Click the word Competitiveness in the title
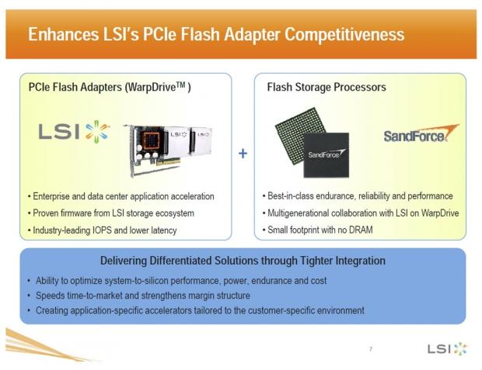coord(344,34)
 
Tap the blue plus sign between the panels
coord(243,154)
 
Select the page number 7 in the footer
coord(371,349)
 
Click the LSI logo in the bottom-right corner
coord(448,349)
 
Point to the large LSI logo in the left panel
coord(74,132)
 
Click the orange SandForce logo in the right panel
coord(421,133)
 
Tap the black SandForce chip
coord(327,155)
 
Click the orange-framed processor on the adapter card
coord(150,141)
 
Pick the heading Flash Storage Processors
coord(327,87)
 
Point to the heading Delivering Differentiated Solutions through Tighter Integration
coord(243,261)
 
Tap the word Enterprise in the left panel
coord(51,196)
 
